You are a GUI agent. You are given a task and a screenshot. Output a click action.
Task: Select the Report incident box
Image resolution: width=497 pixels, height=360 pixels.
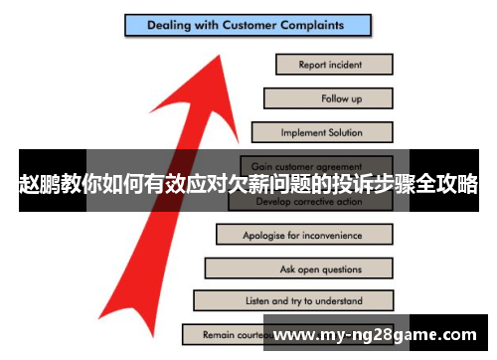click(x=333, y=65)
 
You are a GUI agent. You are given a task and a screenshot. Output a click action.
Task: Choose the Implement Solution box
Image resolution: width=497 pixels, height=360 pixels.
click(x=322, y=131)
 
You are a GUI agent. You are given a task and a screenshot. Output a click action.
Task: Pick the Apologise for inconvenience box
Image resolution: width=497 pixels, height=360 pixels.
click(x=303, y=236)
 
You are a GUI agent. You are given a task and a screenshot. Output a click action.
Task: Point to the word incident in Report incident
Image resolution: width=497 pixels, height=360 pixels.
click(x=345, y=65)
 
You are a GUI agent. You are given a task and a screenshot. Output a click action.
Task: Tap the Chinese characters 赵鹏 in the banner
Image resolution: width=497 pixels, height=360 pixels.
click(x=41, y=184)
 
